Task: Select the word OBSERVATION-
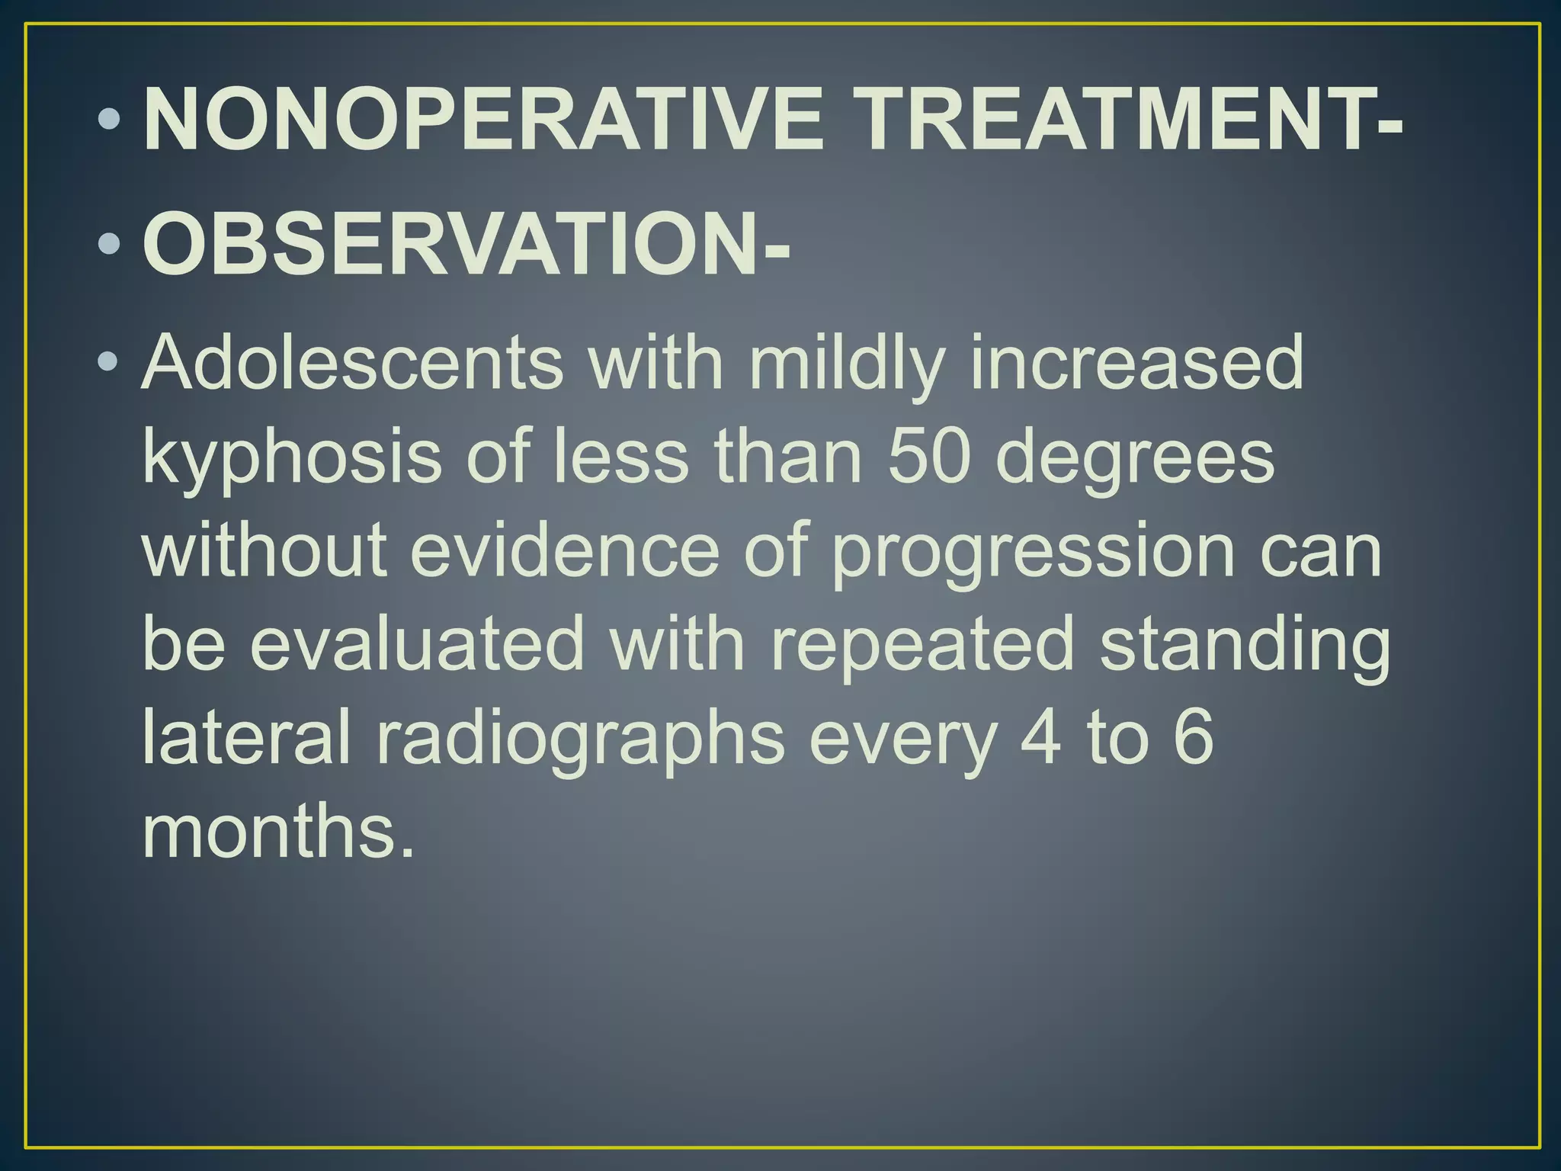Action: [x=466, y=245]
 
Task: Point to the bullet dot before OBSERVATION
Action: [x=110, y=244]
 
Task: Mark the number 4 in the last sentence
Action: [x=1040, y=737]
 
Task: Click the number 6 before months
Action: [x=1193, y=737]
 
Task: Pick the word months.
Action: [x=279, y=831]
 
